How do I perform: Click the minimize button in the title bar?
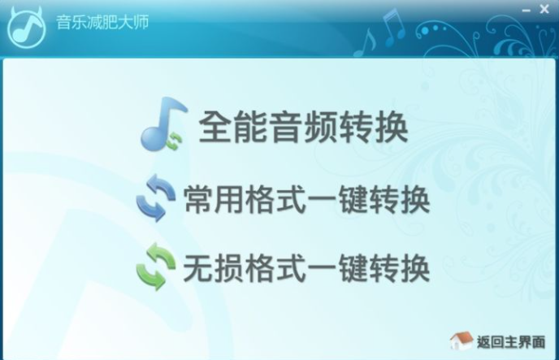coord(526,11)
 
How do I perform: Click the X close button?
coord(544,9)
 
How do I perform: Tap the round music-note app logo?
coord(27,28)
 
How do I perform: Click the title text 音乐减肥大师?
coord(102,22)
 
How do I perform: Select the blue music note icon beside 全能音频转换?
coord(163,124)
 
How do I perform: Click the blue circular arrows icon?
coord(156,197)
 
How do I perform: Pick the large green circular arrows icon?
coord(156,267)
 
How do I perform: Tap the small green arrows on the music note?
coord(175,141)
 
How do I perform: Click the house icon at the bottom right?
coord(461,340)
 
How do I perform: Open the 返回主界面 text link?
coord(511,342)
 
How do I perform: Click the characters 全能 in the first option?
coord(233,127)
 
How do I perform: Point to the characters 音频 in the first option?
coord(303,127)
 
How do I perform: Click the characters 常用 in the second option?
coord(214,200)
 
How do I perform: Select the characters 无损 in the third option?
coord(214,268)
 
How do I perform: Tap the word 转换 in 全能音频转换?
coord(373,127)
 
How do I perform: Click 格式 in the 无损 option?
coord(275,268)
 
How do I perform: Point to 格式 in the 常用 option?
coord(275,200)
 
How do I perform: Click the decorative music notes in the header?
coord(381,32)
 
